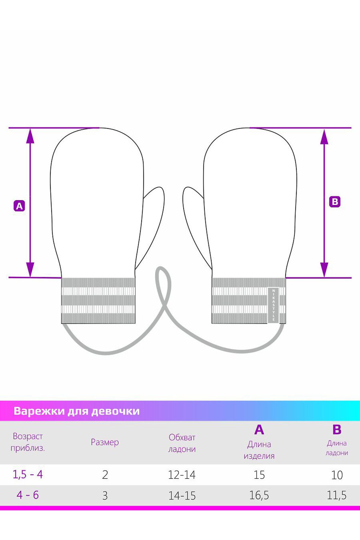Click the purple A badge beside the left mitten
(19, 206)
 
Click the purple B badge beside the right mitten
(335, 202)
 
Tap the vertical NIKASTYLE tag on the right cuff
(273, 305)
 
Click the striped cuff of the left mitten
(98, 300)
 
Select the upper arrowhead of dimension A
(30, 137)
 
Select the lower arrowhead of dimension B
(324, 269)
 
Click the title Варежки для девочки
(76, 411)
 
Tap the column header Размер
(105, 442)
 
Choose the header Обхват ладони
(182, 443)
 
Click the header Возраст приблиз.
(28, 442)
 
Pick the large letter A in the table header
(259, 430)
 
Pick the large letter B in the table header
(337, 430)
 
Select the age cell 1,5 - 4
(28, 475)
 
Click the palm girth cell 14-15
(182, 496)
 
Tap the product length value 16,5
(259, 495)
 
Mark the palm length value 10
(337, 475)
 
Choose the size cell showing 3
(105, 496)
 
